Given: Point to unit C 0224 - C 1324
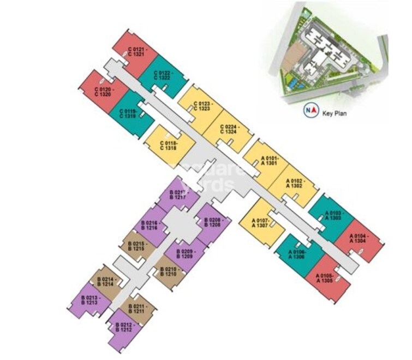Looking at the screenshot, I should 229,130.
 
